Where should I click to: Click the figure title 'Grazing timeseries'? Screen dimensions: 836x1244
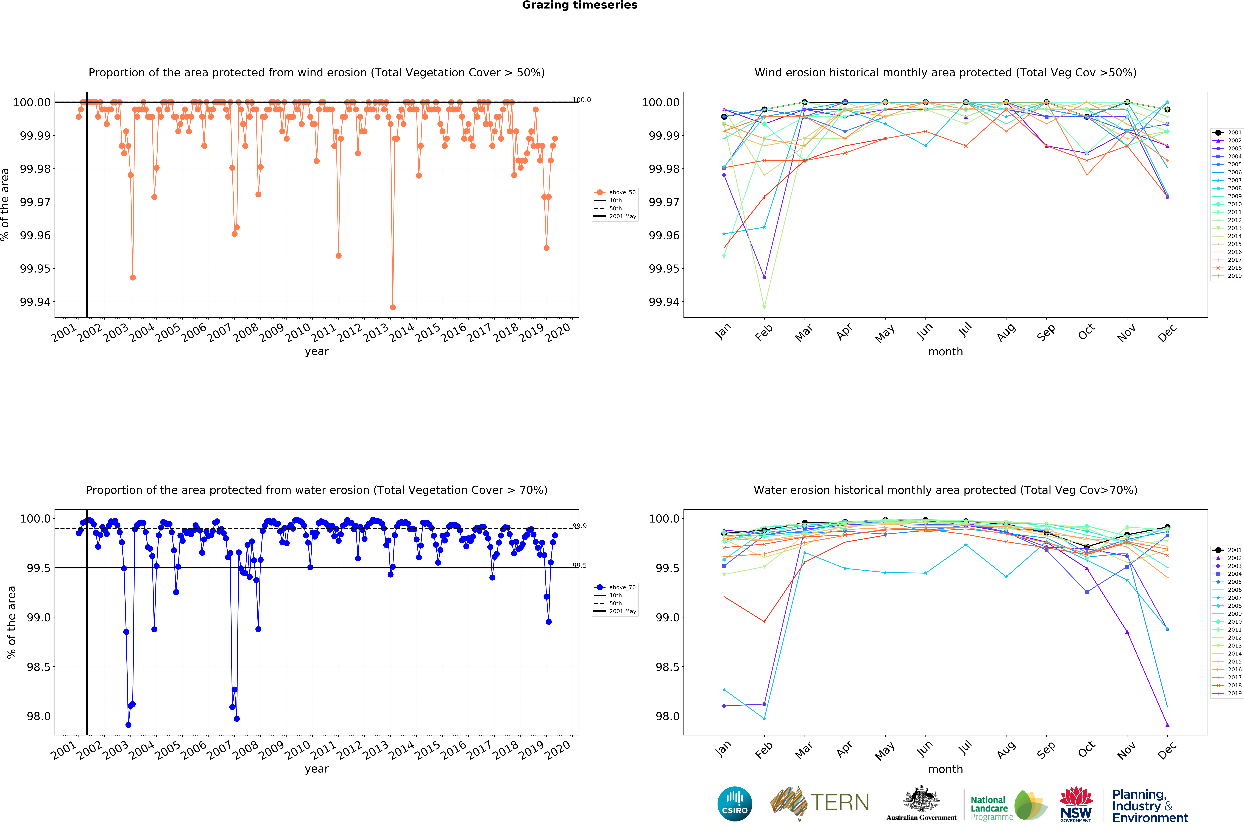[579, 5]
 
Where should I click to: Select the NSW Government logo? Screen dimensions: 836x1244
[1076, 804]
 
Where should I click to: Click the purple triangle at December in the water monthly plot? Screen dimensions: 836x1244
[1167, 725]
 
